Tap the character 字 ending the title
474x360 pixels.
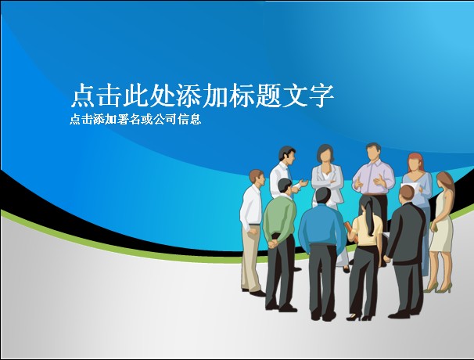[x=321, y=95]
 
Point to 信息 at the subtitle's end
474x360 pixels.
[x=189, y=120]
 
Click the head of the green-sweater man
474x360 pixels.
[x=285, y=185]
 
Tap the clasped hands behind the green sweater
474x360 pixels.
[x=274, y=243]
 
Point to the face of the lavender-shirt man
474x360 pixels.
[x=374, y=153]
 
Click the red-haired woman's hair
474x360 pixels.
[x=416, y=162]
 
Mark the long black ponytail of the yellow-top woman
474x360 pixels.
[x=369, y=215]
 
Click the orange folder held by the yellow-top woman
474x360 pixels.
[x=349, y=229]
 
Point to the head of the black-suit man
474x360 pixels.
[x=406, y=193]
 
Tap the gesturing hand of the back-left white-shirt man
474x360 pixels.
[x=303, y=183]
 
